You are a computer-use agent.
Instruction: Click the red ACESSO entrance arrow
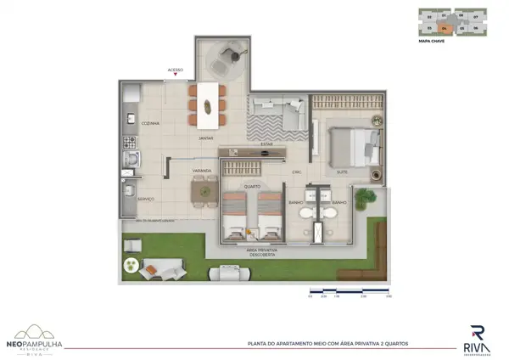click(175, 76)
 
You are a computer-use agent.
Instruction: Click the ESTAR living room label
click(266, 143)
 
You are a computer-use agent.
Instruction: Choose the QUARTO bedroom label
click(252, 186)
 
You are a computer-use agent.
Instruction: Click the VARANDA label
click(201, 171)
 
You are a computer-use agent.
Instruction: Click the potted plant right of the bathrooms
click(366, 200)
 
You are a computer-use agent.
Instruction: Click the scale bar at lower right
click(348, 292)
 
